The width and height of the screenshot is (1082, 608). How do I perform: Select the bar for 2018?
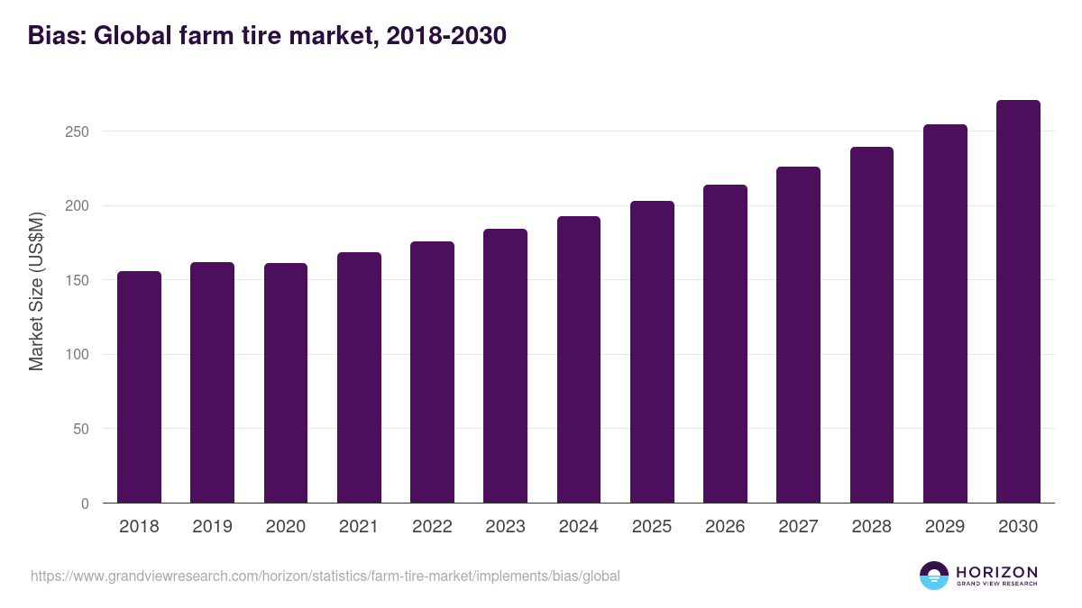tap(139, 387)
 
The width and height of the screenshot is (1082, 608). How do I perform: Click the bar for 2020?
tap(286, 383)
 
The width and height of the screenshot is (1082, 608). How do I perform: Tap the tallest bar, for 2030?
tap(1018, 302)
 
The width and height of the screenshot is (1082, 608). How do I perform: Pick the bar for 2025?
tap(652, 351)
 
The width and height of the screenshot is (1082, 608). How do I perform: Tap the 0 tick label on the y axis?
tap(86, 504)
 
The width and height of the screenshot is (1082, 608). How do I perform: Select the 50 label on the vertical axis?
tap(82, 429)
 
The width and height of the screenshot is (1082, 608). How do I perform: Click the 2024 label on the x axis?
tap(578, 527)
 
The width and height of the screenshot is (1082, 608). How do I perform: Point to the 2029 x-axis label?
tap(945, 527)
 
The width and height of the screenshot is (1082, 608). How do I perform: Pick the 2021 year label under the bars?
tap(359, 527)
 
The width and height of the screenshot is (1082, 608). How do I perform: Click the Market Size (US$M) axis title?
tap(37, 291)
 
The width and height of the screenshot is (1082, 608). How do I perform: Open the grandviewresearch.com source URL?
tap(325, 576)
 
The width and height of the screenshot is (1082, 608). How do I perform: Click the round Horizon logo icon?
tap(934, 576)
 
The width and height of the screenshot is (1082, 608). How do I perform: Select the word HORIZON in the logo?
tap(996, 572)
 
